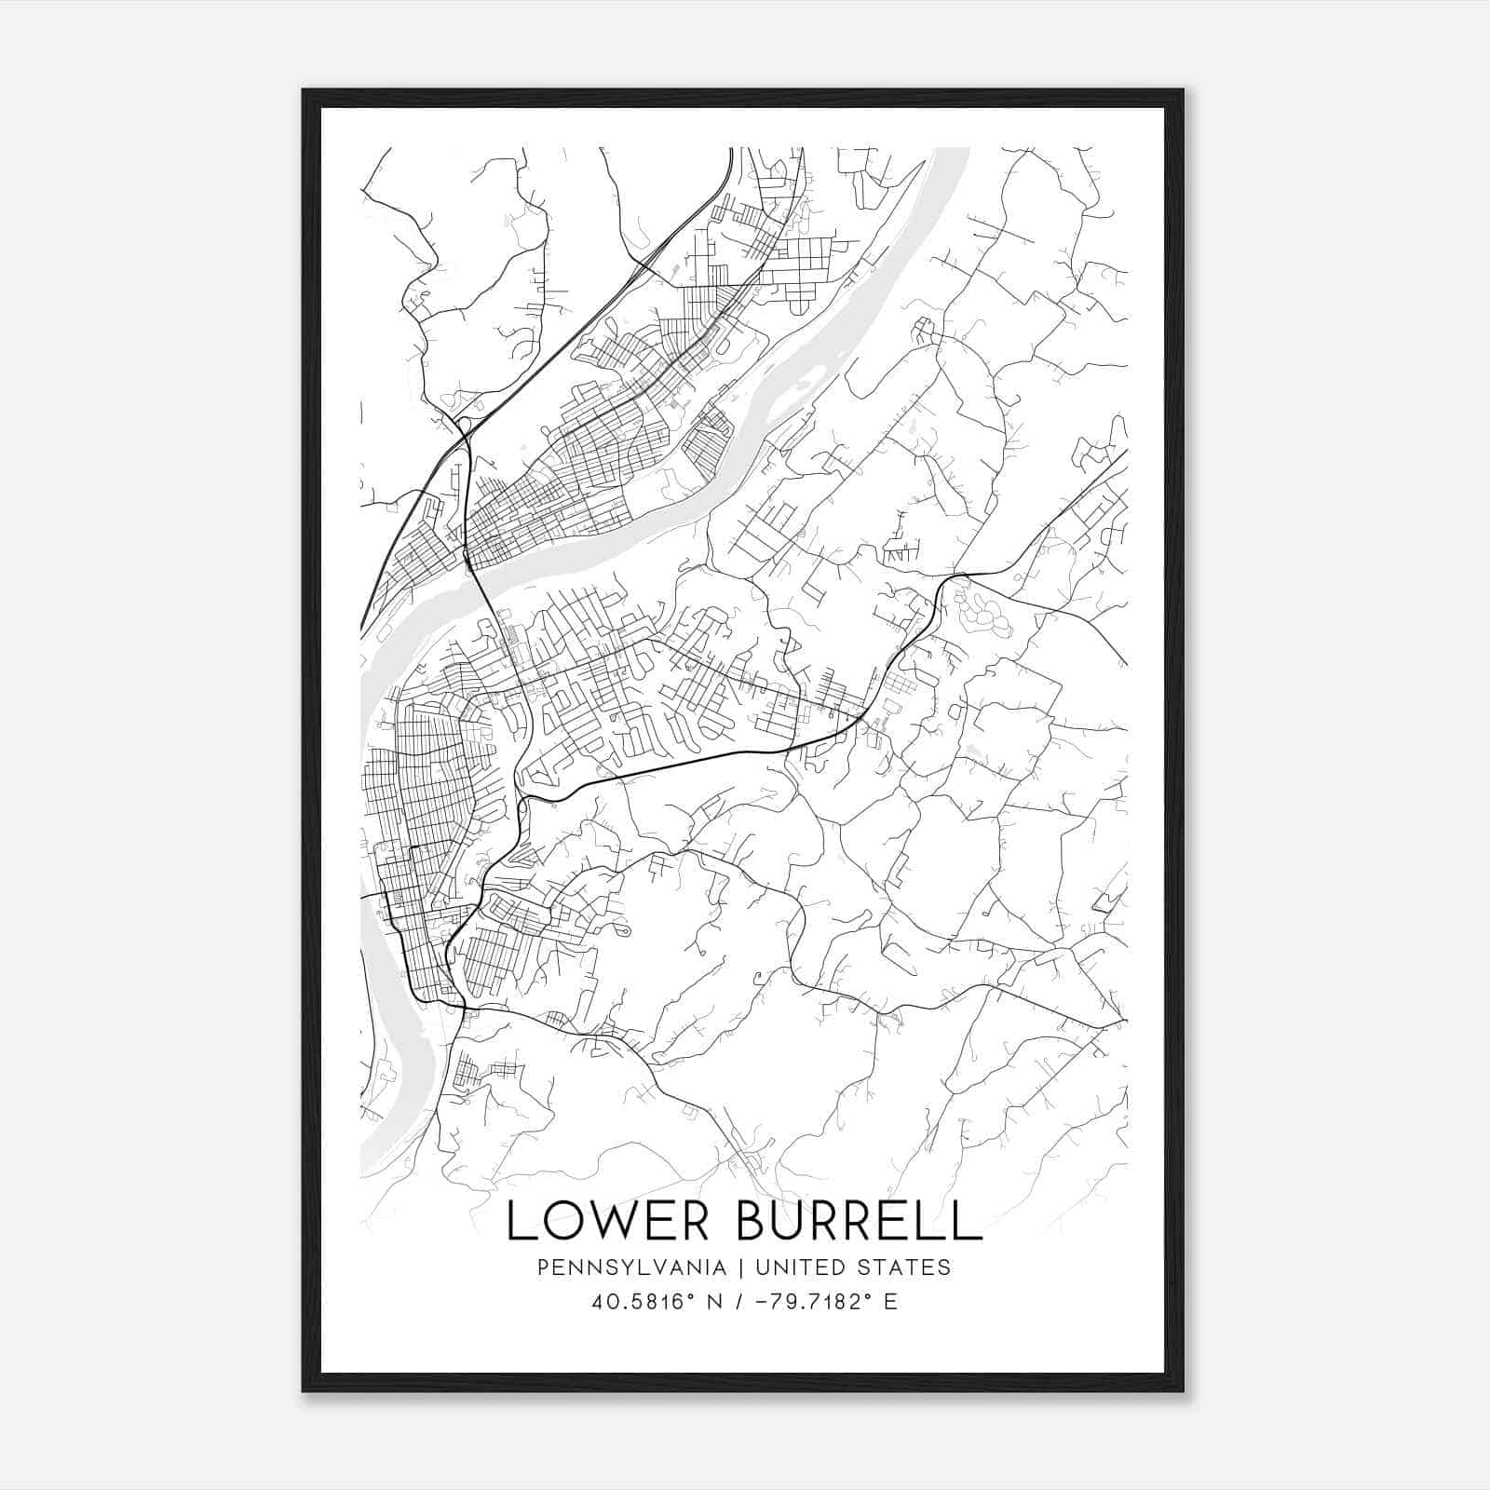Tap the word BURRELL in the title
(x=859, y=1221)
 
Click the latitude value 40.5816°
(x=643, y=1302)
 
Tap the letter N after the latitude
(x=715, y=1302)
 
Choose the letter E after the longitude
(x=891, y=1302)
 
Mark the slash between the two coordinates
(x=739, y=1302)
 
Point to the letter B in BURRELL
(x=752, y=1221)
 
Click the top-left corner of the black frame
(x=304, y=90)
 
